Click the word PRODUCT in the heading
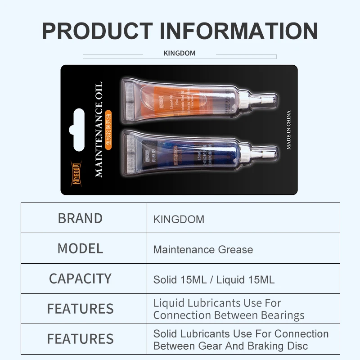(97, 30)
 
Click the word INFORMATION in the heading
(239, 30)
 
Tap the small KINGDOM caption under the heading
(179, 53)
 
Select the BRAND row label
(80, 218)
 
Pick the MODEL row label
(80, 248)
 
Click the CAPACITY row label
(80, 279)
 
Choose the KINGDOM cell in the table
(179, 220)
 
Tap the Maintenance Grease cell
(203, 249)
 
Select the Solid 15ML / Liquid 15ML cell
(214, 279)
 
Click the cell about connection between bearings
(229, 309)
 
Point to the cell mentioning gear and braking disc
(241, 340)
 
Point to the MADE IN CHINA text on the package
(289, 130)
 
